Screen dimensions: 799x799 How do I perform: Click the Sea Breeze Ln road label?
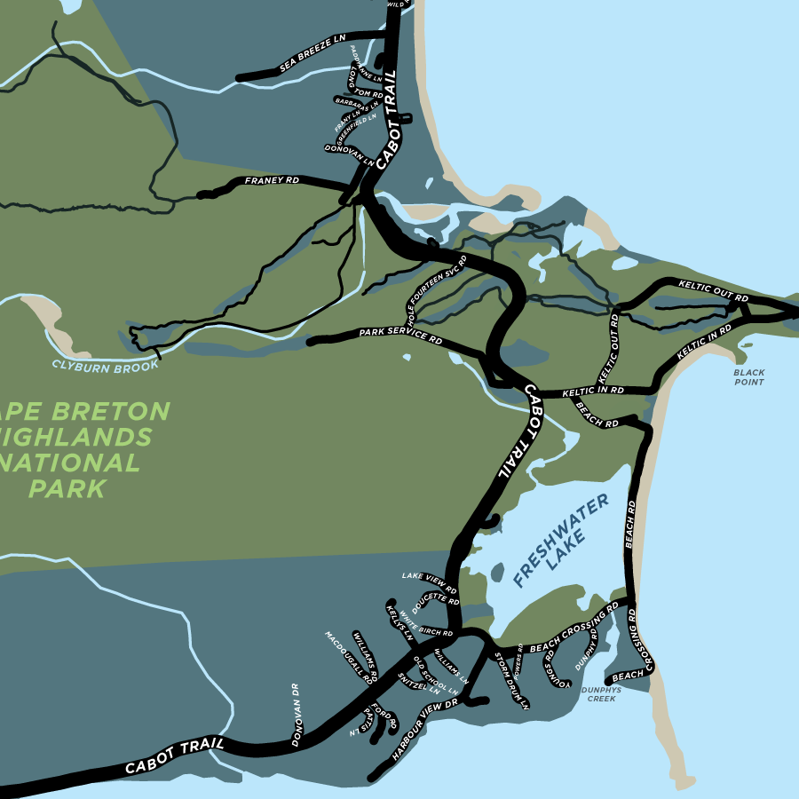(312, 54)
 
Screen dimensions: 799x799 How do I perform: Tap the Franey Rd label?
(272, 181)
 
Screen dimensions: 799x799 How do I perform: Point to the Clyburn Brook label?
(105, 365)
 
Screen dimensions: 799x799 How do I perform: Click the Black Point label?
(749, 377)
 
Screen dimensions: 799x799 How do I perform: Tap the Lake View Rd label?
(429, 581)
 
